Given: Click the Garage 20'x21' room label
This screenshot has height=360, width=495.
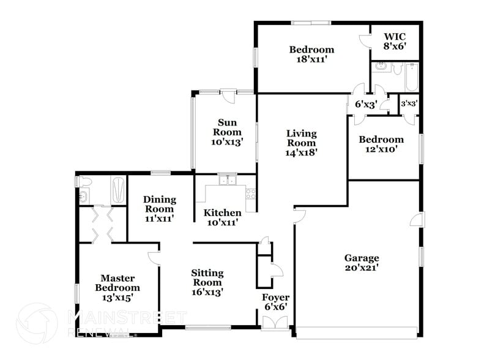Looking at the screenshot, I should [x=362, y=263].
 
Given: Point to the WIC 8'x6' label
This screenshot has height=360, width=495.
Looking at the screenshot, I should [x=395, y=40].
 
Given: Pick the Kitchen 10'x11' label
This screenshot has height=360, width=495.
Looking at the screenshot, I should [x=222, y=217].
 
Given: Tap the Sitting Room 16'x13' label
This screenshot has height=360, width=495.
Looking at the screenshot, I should [x=207, y=282].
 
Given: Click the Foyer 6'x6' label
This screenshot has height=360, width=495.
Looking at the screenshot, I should [x=275, y=302].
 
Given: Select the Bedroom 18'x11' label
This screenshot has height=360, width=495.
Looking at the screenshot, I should [x=311, y=54].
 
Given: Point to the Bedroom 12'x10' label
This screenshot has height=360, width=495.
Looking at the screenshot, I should [x=381, y=144].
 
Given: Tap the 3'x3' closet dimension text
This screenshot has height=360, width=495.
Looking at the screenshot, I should [x=409, y=103].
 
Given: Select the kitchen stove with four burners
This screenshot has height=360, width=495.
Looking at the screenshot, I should [x=250, y=193].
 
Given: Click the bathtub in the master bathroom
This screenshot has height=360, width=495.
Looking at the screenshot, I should [x=118, y=191].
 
